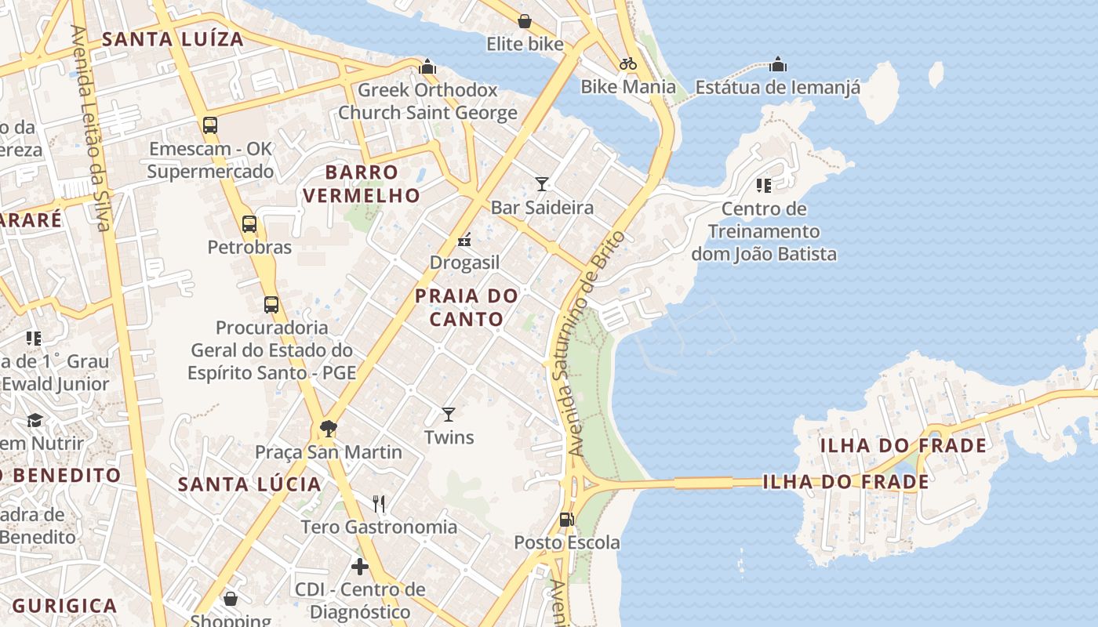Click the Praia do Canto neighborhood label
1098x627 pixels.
[467, 307]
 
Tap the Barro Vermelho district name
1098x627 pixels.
[362, 183]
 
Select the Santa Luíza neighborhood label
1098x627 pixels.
[173, 38]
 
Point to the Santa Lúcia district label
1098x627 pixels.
[249, 484]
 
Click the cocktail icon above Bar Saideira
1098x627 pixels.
[542, 184]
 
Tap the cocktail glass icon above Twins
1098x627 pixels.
[449, 414]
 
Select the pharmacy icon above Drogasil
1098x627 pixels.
[464, 240]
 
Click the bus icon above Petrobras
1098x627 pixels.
[249, 224]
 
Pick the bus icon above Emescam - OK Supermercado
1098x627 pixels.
[210, 125]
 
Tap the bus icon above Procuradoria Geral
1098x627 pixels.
[271, 304]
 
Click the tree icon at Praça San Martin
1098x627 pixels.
[329, 429]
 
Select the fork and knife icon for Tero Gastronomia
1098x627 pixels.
[379, 503]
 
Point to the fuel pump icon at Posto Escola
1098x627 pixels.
[566, 519]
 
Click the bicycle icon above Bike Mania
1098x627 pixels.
[628, 63]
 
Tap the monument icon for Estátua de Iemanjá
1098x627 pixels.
[778, 63]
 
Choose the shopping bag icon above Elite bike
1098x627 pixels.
[525, 21]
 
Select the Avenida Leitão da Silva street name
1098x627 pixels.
[90, 129]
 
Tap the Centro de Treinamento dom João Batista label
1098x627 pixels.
[763, 231]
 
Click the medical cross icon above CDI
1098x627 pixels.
[360, 566]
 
